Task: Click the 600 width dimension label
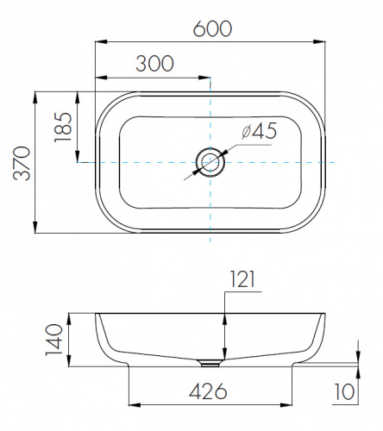[212, 28]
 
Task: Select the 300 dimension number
[154, 64]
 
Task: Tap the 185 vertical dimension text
[63, 127]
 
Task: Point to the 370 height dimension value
[22, 163]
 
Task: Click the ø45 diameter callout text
[260, 131]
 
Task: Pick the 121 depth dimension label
[242, 279]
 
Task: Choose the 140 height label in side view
[53, 340]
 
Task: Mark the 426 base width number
[208, 391]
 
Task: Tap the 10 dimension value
[344, 391]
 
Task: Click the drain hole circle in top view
[210, 162]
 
